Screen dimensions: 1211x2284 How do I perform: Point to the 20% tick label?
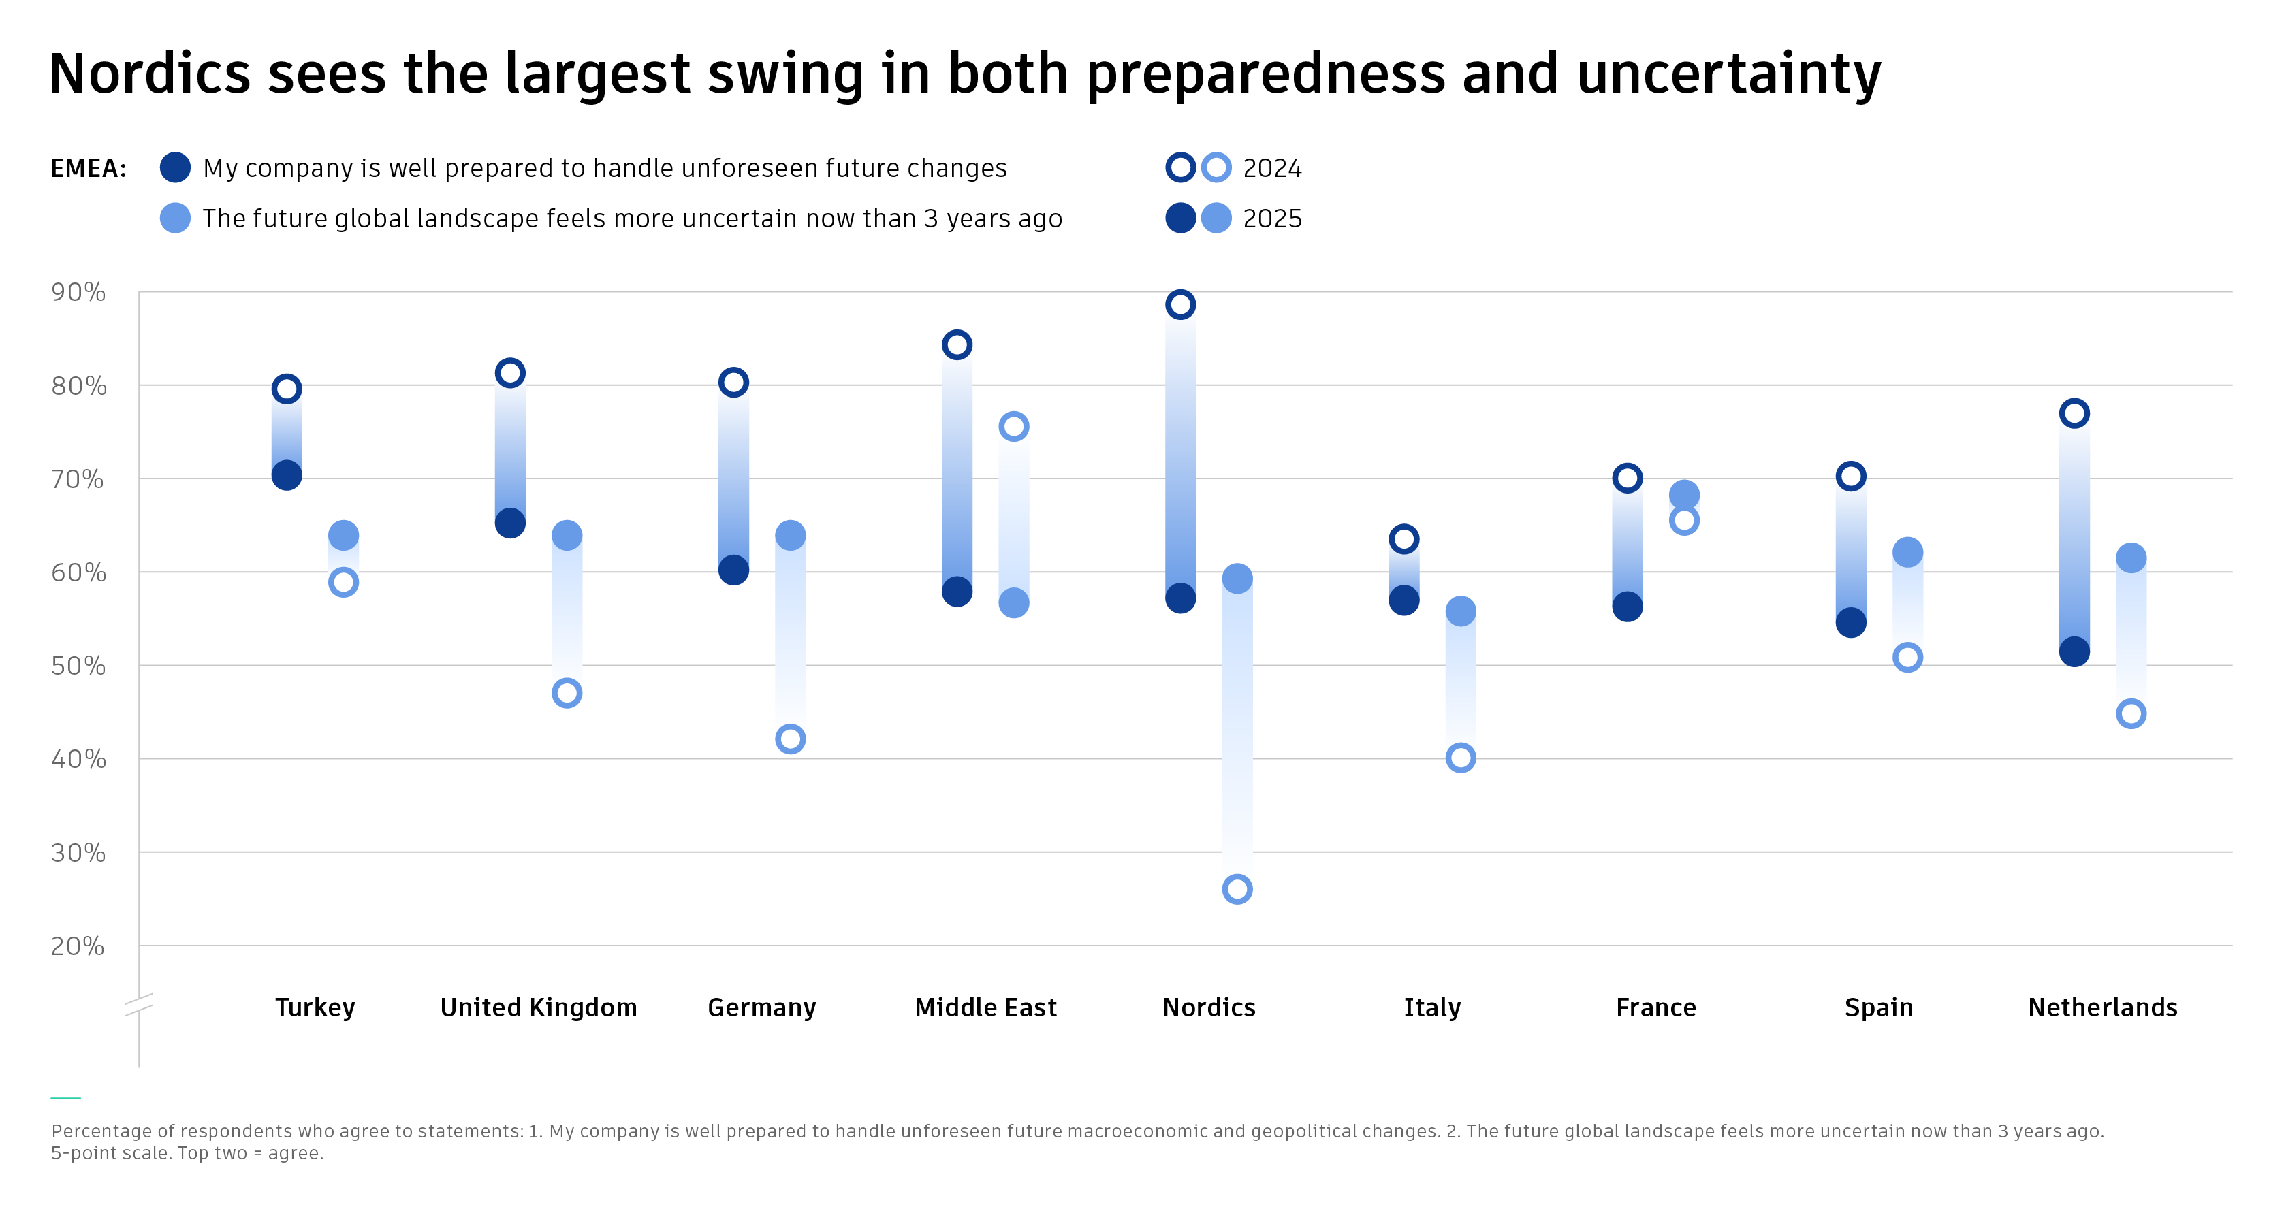78,946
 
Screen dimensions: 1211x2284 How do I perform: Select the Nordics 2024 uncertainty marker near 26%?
1237,888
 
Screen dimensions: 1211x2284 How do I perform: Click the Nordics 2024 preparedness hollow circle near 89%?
1180,305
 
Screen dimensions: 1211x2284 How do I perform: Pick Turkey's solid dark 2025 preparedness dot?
287,475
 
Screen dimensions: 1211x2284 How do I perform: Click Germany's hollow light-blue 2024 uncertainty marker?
790,739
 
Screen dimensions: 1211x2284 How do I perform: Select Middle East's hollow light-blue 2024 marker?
1013,426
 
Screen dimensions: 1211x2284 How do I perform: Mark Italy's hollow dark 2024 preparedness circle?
1403,538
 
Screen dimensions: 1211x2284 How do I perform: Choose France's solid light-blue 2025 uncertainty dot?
1684,495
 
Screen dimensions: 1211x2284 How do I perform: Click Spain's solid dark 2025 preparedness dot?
1850,622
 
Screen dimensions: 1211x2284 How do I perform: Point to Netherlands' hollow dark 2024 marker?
2074,413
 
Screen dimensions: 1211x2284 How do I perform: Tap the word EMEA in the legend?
89,168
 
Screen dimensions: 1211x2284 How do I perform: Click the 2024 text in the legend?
1272,168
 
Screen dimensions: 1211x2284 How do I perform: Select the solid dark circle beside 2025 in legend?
1180,218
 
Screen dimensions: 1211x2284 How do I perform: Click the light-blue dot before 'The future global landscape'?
174,218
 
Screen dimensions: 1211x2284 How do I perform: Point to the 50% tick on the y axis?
78,666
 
